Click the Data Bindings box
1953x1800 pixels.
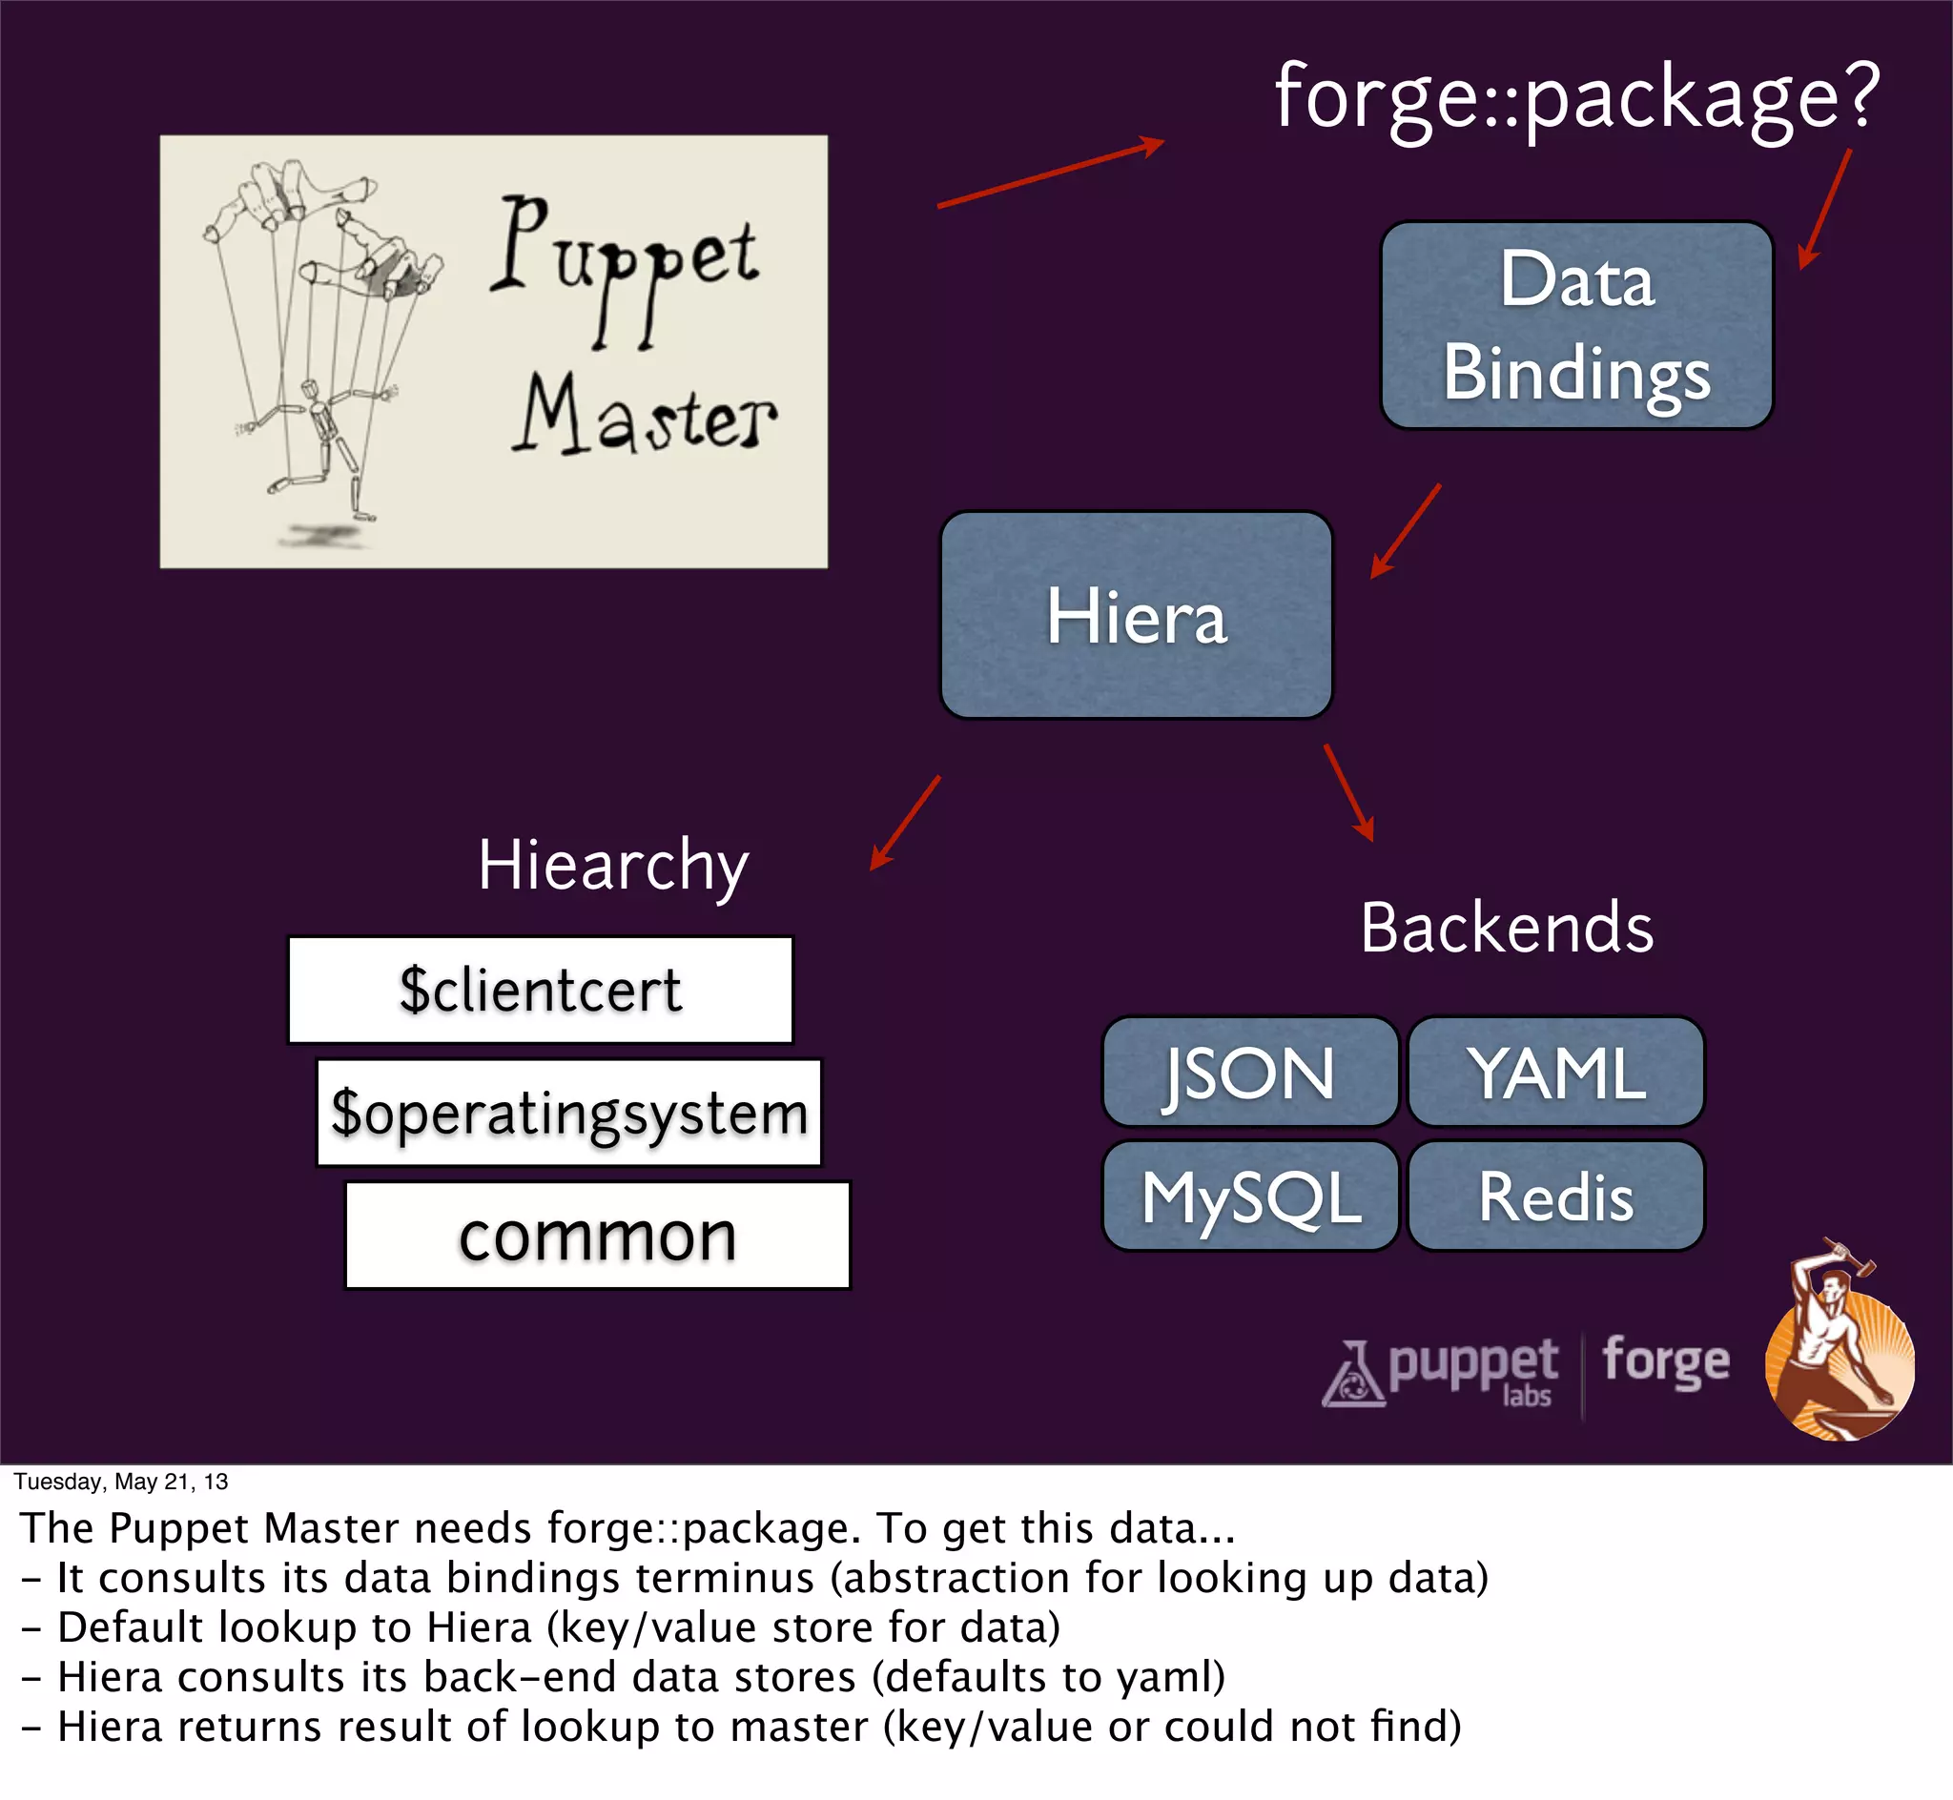(x=1576, y=325)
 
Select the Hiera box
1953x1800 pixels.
(x=1136, y=616)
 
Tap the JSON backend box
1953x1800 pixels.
(x=1250, y=1072)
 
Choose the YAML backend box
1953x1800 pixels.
(x=1555, y=1072)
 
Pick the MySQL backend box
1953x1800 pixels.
(x=1250, y=1197)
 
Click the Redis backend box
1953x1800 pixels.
(x=1555, y=1197)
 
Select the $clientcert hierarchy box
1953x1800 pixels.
(x=541, y=990)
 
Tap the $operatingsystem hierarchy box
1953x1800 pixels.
(x=569, y=1113)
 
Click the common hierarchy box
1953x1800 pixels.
(x=597, y=1235)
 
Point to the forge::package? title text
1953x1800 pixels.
(x=1576, y=97)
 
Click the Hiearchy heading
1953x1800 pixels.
(x=612, y=865)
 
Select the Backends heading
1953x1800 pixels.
(x=1506, y=928)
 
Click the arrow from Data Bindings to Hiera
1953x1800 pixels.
(x=1405, y=532)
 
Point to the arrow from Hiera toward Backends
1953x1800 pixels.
(x=1349, y=793)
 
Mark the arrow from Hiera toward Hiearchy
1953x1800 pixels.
(x=905, y=822)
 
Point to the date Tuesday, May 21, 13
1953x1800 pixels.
(x=121, y=1482)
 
